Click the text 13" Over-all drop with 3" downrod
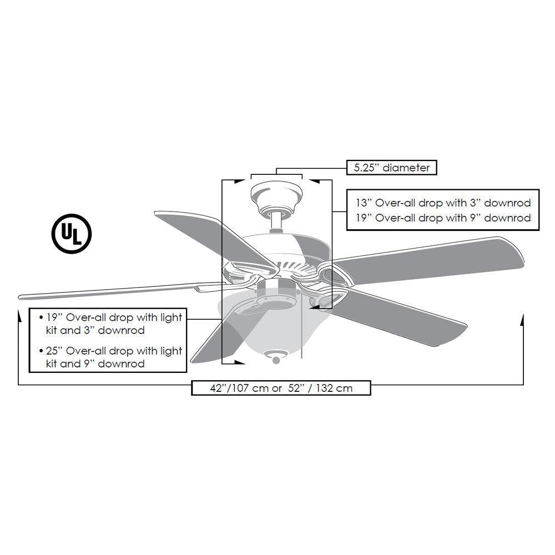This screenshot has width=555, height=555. point(443,203)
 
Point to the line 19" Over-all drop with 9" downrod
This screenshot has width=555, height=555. point(443,218)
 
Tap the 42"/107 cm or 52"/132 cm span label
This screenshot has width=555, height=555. point(281,388)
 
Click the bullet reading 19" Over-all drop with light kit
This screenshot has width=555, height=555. point(111,324)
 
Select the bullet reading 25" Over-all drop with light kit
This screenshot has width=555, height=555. point(111,357)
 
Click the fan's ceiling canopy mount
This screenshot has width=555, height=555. point(276,195)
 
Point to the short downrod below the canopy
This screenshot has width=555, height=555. point(275,223)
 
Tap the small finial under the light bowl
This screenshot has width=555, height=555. point(275,359)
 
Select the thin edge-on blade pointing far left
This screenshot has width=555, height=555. point(111,289)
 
